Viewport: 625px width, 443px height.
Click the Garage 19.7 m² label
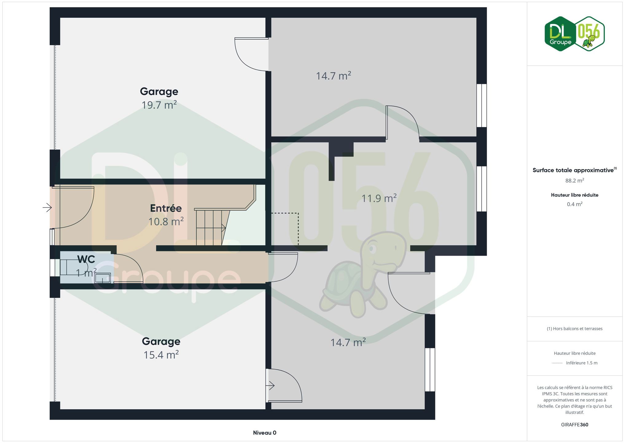(x=159, y=98)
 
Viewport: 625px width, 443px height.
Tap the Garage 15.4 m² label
(x=161, y=348)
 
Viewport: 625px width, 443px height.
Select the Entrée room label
(x=166, y=208)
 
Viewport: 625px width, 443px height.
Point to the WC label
(x=86, y=259)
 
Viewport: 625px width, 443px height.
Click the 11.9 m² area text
(x=379, y=198)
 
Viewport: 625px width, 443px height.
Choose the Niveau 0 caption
(x=264, y=433)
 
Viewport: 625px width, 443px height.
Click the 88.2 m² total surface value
(x=575, y=181)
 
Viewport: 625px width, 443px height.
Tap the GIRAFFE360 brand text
(x=575, y=425)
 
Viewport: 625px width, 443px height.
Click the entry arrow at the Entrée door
(x=47, y=208)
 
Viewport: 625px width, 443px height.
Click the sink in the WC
(x=103, y=278)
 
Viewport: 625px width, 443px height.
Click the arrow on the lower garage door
(x=270, y=385)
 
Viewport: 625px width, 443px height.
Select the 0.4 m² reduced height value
(x=575, y=204)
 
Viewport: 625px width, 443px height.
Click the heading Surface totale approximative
(x=573, y=170)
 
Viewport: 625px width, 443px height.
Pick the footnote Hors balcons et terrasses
(x=575, y=329)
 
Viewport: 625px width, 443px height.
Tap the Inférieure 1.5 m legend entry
(x=582, y=363)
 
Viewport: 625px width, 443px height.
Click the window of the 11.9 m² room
(x=482, y=189)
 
